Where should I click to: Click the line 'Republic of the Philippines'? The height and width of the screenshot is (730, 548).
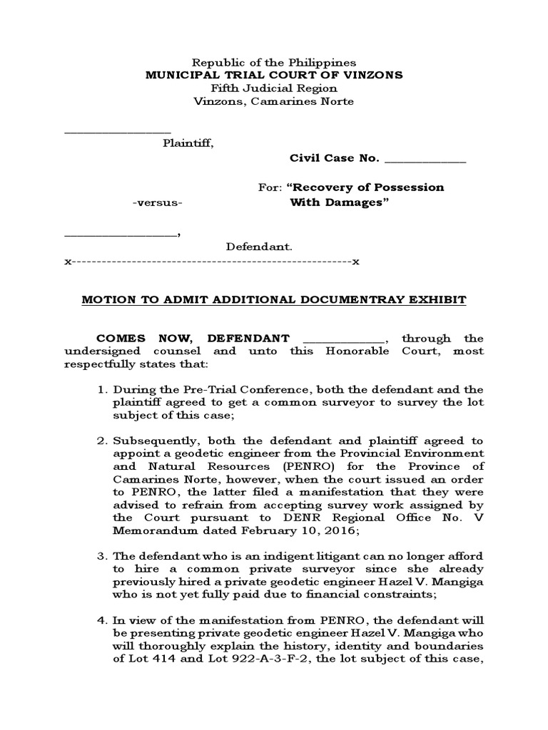pos(275,63)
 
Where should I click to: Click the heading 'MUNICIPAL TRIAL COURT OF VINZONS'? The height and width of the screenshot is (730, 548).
pos(275,76)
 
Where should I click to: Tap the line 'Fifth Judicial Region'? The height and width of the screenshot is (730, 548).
pos(275,88)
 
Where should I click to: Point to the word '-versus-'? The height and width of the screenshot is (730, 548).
pos(158,202)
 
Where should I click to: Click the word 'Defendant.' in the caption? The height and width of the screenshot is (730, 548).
pos(260,247)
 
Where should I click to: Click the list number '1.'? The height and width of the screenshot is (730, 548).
pos(101,390)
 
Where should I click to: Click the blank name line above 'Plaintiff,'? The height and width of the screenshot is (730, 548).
pos(118,130)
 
